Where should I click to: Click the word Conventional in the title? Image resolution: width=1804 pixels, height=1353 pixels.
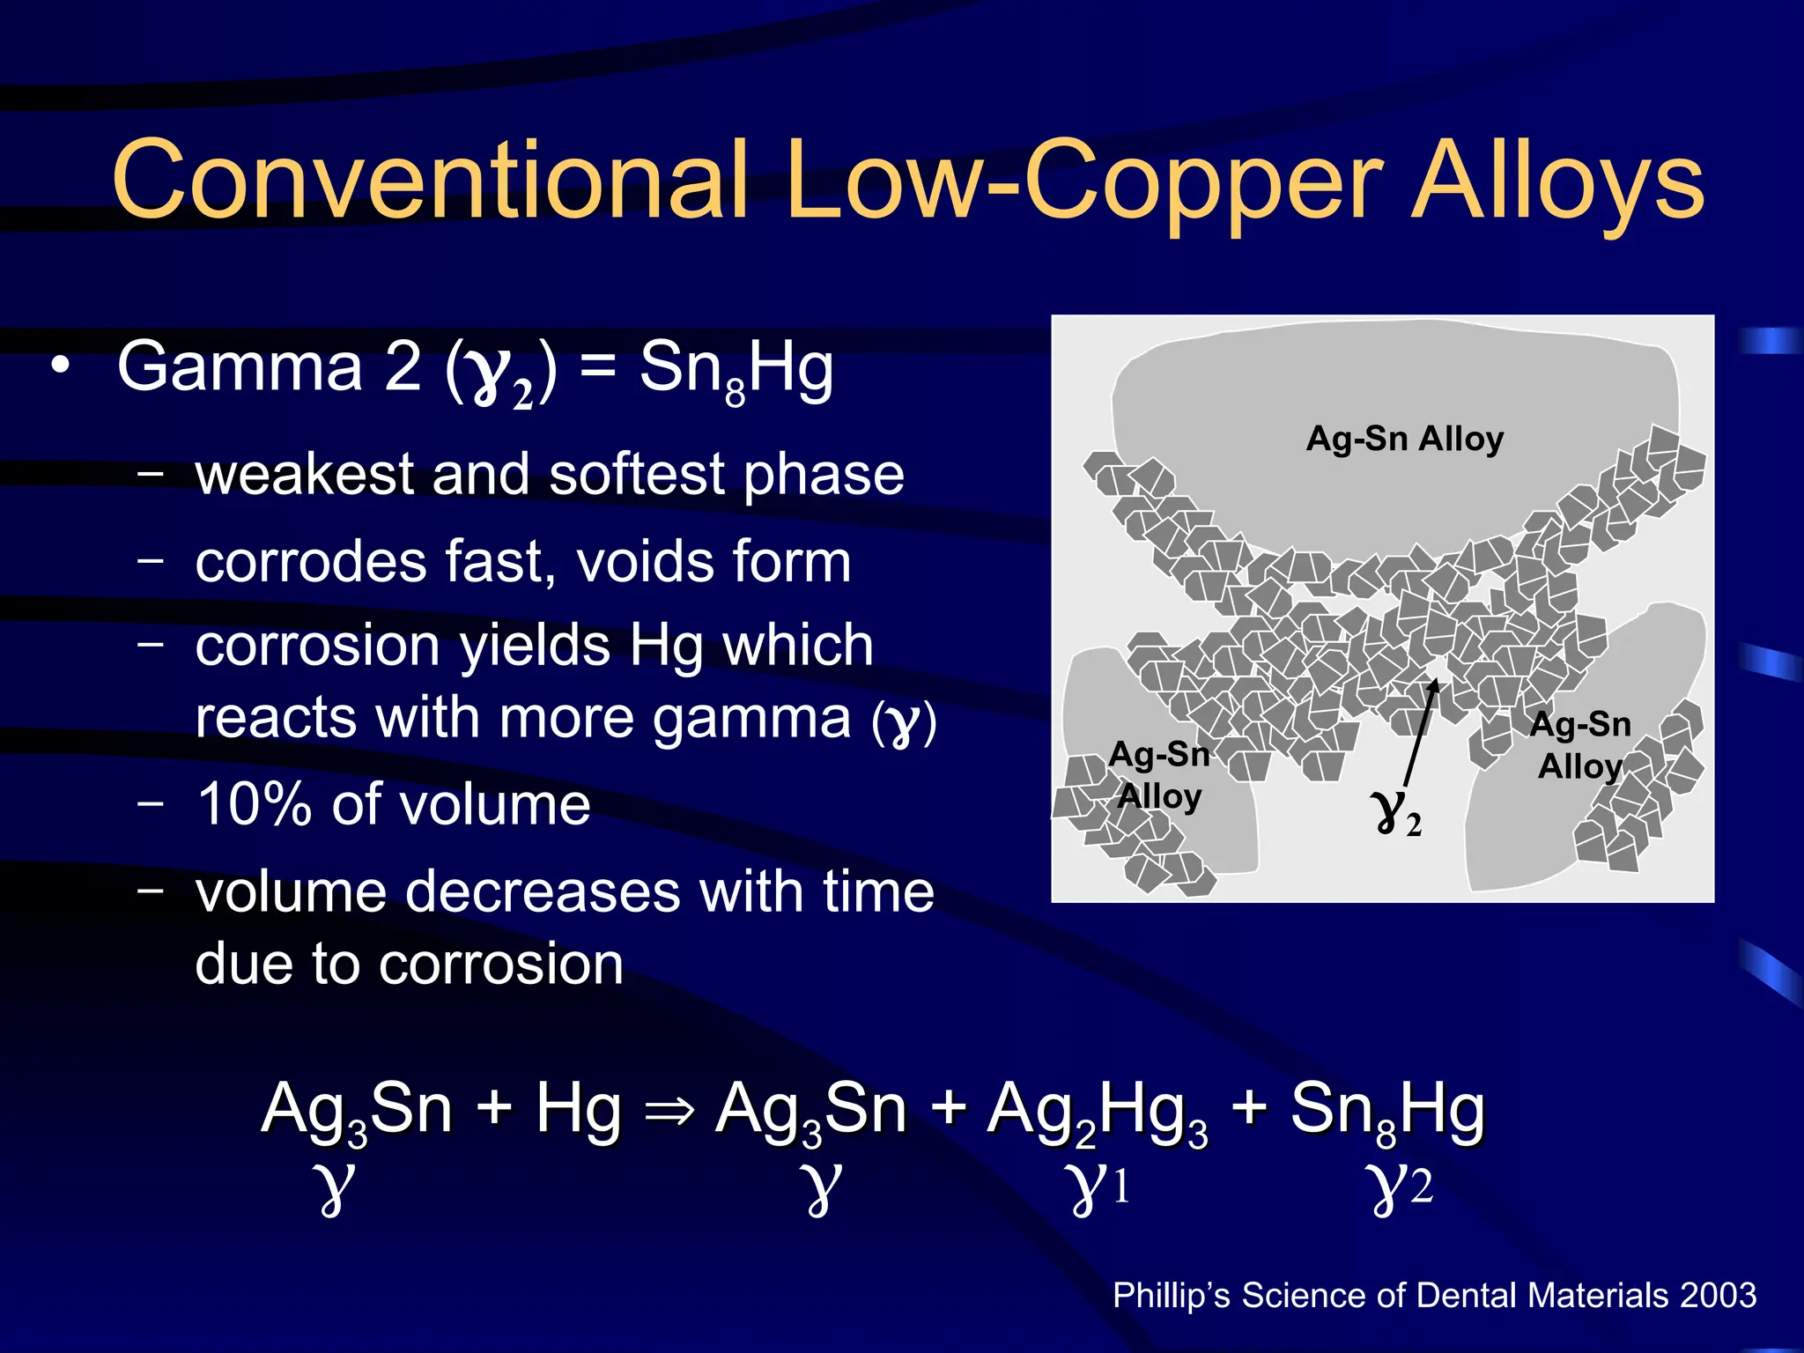click(x=430, y=180)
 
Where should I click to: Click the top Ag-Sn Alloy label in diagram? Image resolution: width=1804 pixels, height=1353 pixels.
click(x=1404, y=439)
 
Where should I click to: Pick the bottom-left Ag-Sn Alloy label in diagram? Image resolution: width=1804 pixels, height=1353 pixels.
click(x=1159, y=775)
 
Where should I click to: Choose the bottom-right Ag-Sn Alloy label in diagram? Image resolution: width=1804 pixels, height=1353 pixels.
click(x=1580, y=745)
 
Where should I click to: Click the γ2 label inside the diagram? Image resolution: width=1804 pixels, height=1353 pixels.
click(x=1397, y=811)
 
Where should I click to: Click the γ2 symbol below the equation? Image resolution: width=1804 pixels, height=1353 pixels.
click(x=1401, y=1187)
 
